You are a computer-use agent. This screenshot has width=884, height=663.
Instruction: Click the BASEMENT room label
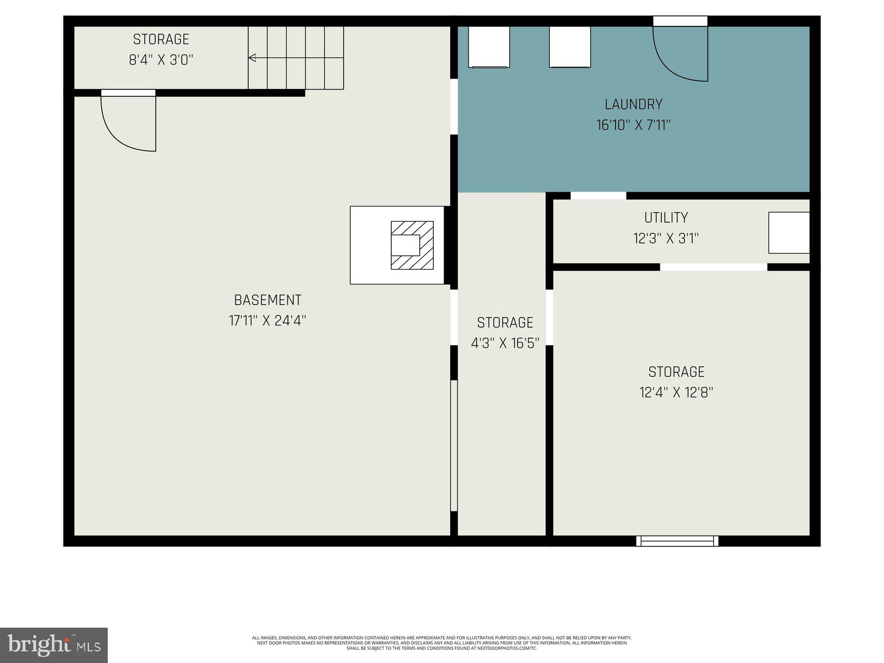[267, 300]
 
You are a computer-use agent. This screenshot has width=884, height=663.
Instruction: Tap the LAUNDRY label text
[633, 104]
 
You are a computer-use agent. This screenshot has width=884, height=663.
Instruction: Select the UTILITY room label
[666, 218]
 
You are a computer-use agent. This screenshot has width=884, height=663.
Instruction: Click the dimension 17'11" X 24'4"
[267, 320]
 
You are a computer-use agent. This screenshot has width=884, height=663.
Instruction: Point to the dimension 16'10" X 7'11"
[633, 125]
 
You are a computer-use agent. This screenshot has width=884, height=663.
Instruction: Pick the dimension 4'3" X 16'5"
[504, 343]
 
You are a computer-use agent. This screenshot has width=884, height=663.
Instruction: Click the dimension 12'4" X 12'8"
[676, 392]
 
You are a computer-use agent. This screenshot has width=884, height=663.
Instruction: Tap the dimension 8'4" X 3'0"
[161, 60]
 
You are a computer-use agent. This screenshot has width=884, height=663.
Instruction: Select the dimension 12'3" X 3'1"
[666, 239]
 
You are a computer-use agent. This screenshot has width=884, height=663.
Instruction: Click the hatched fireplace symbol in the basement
[412, 245]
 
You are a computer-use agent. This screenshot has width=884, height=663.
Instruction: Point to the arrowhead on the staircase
[252, 57]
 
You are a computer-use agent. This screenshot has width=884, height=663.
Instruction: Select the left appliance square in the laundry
[488, 48]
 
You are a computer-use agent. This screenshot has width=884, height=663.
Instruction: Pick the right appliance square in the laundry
[570, 48]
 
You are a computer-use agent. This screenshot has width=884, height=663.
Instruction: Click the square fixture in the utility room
[788, 233]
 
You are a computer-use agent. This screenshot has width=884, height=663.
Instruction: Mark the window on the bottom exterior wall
[677, 541]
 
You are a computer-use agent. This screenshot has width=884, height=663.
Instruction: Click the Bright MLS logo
[54, 645]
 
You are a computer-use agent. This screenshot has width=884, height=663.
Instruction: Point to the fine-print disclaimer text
[441, 643]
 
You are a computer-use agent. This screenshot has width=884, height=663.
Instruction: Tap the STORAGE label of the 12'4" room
[676, 372]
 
